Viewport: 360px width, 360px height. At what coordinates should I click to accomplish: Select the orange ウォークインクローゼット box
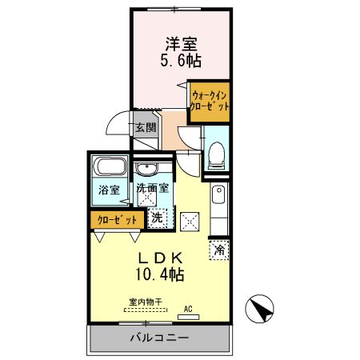pos(210,101)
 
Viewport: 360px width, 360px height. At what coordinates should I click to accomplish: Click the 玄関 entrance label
pos(144,127)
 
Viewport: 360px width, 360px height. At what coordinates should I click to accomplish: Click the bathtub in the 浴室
pos(109,170)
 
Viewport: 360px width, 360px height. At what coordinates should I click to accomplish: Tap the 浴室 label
pos(109,190)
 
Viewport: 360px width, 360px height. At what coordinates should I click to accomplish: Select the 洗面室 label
pos(151,190)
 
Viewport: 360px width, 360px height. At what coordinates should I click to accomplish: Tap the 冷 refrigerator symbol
pos(219,250)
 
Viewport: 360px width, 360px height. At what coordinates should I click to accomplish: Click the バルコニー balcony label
pos(160,338)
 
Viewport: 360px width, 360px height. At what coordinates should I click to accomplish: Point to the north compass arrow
pos(260,306)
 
